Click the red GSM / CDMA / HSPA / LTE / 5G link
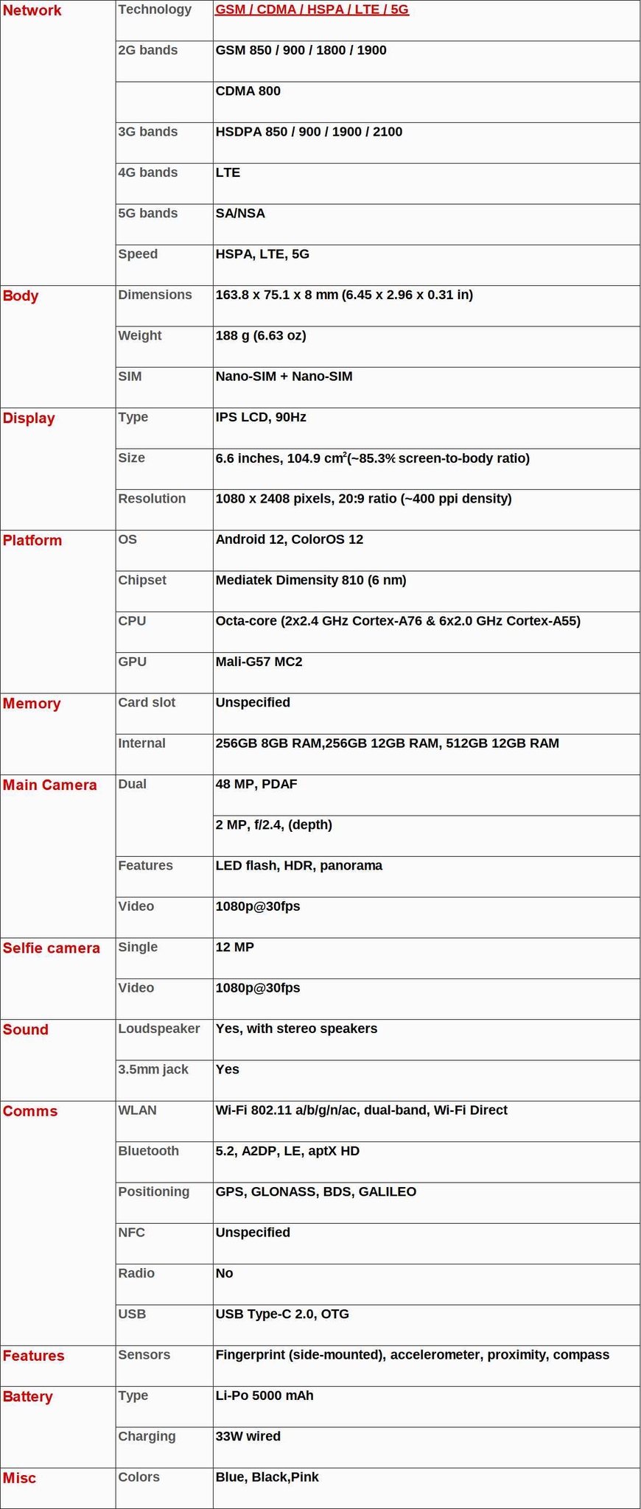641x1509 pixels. click(x=312, y=10)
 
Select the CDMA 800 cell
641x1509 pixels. click(x=248, y=91)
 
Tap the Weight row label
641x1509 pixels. click(x=140, y=336)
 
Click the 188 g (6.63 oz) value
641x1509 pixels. click(x=261, y=336)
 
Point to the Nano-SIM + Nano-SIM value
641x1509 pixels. click(x=284, y=377)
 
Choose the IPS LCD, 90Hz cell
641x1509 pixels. click(x=261, y=418)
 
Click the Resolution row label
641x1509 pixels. click(x=152, y=499)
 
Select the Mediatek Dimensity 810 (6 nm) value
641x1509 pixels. click(x=311, y=581)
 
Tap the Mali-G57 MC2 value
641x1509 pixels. click(x=259, y=662)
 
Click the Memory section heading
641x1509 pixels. click(x=32, y=704)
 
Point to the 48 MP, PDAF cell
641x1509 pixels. click(x=256, y=784)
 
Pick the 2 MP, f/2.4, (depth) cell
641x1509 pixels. click(x=274, y=825)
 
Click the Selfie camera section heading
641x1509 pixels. click(x=52, y=948)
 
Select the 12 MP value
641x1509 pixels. click(x=235, y=948)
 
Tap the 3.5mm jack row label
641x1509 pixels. click(x=153, y=1070)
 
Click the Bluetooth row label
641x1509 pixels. click(x=149, y=1152)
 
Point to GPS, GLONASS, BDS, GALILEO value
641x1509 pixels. click(x=316, y=1192)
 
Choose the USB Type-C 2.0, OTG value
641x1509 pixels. click(x=282, y=1314)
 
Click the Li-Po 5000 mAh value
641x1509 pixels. click(x=265, y=1396)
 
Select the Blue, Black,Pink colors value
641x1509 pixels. click(x=267, y=1477)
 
